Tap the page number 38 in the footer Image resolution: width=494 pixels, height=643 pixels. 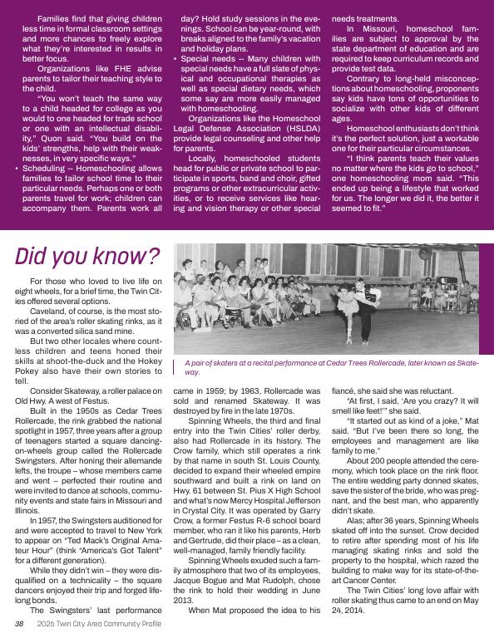[18, 624]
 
